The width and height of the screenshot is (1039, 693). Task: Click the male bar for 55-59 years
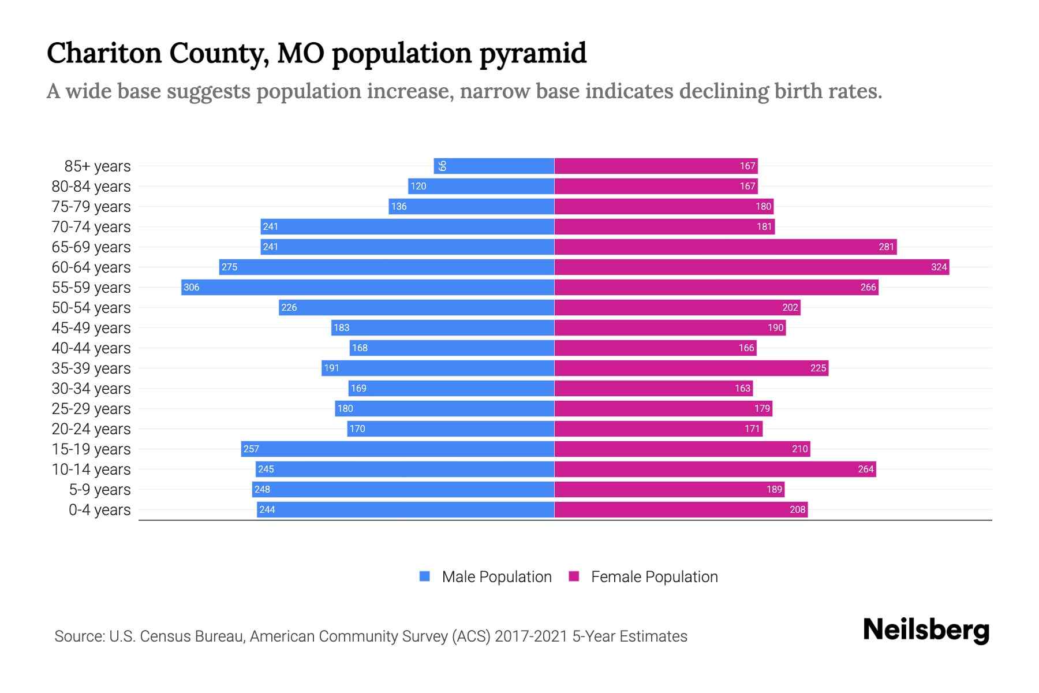368,287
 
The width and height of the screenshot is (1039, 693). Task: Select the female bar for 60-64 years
752,267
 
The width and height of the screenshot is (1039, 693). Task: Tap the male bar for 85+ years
494,166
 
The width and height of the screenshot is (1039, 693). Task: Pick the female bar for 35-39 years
692,368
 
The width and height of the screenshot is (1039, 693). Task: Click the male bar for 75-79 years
472,206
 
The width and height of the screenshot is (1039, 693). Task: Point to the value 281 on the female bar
886,247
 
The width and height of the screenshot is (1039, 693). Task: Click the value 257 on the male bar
251,449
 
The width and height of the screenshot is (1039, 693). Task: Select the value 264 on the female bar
865,469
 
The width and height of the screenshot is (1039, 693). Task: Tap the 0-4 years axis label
99,510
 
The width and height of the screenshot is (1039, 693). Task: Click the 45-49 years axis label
91,328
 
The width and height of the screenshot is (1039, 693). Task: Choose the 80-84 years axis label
91,187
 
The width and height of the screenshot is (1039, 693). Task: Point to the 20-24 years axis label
91,429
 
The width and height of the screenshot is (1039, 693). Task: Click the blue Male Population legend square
425,576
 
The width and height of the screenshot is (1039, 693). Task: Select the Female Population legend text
654,577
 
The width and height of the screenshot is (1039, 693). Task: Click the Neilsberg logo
926,630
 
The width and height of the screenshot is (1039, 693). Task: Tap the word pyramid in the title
533,54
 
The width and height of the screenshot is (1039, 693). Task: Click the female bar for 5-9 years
670,489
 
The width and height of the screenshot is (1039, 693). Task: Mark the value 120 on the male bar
418,186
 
